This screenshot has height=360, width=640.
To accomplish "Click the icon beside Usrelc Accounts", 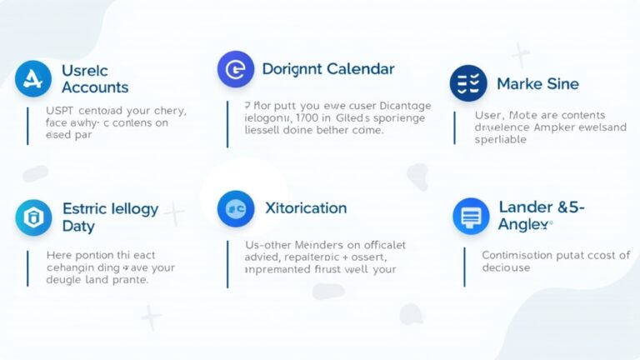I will (33, 79).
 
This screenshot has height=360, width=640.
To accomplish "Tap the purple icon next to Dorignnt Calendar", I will (235, 69).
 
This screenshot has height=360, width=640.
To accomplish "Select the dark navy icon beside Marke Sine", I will (468, 84).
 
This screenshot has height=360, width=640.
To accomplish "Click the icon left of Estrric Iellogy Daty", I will (33, 218).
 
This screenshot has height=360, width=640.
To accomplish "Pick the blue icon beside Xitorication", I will (235, 208).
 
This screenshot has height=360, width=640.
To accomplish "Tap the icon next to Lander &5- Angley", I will (471, 216).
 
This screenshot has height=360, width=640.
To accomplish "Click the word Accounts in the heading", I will (95, 87).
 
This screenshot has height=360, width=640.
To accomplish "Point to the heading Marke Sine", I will (537, 84).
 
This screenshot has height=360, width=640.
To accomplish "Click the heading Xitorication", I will (305, 207).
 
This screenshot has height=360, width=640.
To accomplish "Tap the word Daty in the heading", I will (79, 226).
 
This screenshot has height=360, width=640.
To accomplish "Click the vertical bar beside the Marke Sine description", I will (454, 127).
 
